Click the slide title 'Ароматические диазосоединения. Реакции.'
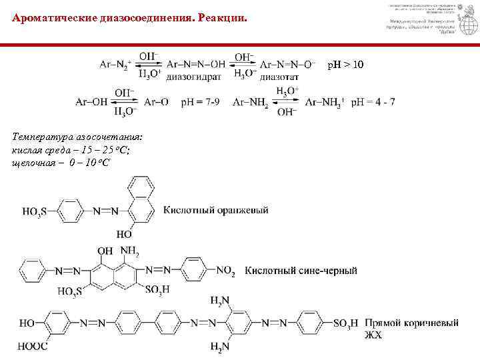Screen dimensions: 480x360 coord(129,19)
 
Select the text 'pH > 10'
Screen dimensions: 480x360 coord(345,65)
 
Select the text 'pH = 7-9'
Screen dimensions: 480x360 coord(200,102)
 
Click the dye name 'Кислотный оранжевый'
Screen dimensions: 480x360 coord(216,211)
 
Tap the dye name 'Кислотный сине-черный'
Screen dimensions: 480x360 coord(301,271)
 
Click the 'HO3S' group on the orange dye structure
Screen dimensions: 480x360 coord(34,212)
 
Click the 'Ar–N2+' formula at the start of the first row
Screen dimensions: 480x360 coord(115,65)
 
